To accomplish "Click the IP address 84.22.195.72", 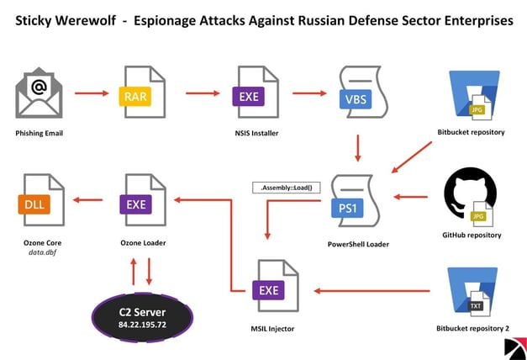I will click(x=141, y=323).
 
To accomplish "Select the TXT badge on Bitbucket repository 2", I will click(x=476, y=305).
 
